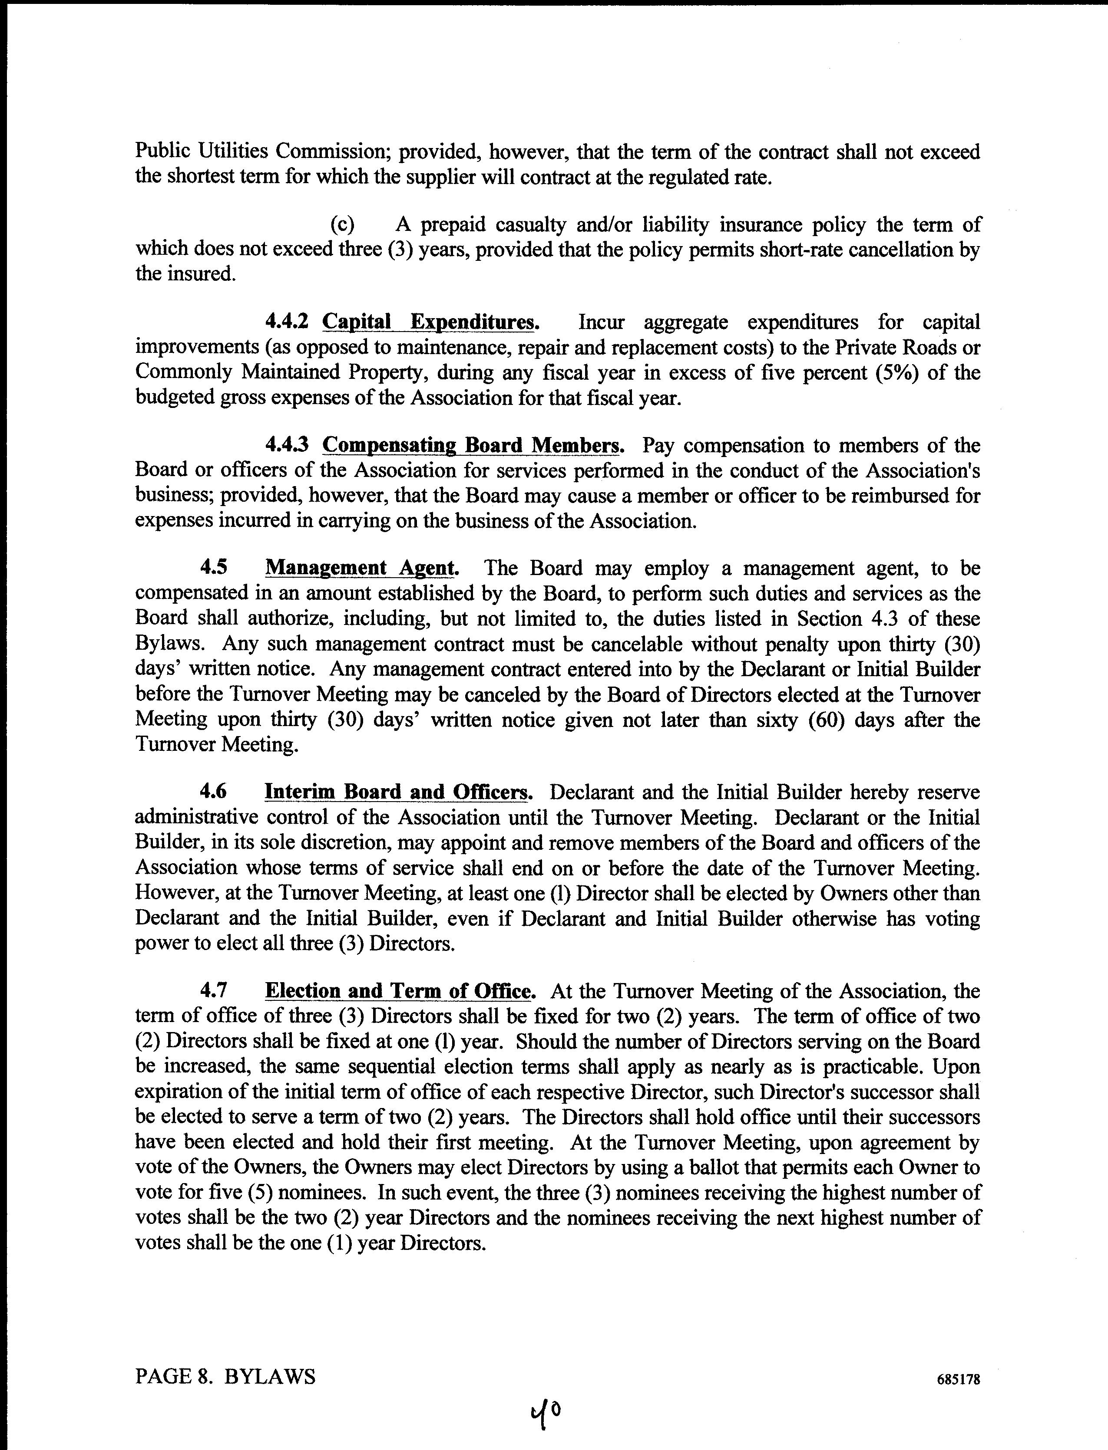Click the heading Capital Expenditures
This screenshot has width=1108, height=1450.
pos(431,323)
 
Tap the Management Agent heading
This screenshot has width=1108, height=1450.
pos(361,568)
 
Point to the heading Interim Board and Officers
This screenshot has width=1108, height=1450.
pos(398,792)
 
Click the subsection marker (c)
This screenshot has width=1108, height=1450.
pos(342,225)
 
